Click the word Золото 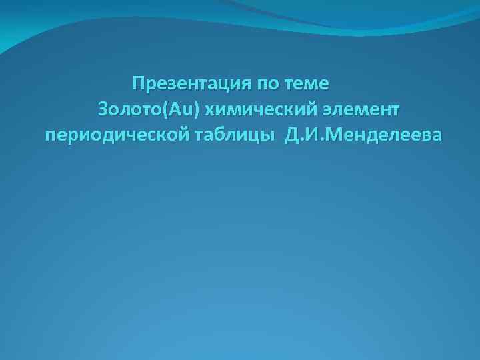[125, 109]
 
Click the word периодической [116, 135]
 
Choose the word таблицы [234, 135]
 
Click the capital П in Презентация [138, 85]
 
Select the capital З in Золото [103, 109]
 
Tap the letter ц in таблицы [256, 135]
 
